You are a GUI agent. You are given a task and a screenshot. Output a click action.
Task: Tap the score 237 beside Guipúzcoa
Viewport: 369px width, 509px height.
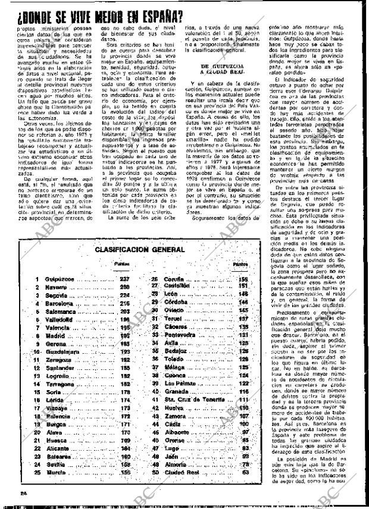click(124, 278)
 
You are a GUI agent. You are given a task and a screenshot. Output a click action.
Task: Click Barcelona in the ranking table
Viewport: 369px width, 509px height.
click(58, 303)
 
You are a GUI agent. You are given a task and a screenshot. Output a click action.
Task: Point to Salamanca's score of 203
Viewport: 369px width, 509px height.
click(124, 311)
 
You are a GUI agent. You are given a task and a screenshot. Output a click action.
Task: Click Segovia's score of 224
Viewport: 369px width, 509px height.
click(124, 295)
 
